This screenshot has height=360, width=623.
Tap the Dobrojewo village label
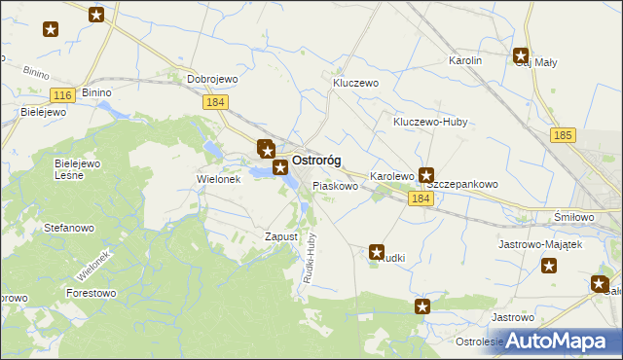click(212, 80)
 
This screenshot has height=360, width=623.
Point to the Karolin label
click(465, 60)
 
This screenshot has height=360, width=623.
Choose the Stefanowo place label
click(68, 228)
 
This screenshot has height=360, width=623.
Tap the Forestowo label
click(91, 292)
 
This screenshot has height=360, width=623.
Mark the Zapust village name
click(280, 236)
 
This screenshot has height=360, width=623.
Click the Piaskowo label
click(334, 185)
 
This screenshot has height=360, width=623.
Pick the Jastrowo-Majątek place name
click(539, 244)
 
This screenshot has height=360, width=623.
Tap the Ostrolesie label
click(479, 342)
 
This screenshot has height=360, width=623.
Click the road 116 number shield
click(63, 94)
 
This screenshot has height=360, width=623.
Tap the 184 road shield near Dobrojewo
click(215, 101)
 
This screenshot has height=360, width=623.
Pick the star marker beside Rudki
click(378, 252)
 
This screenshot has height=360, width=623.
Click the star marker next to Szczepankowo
click(425, 176)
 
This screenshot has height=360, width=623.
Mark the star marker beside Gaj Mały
click(521, 56)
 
